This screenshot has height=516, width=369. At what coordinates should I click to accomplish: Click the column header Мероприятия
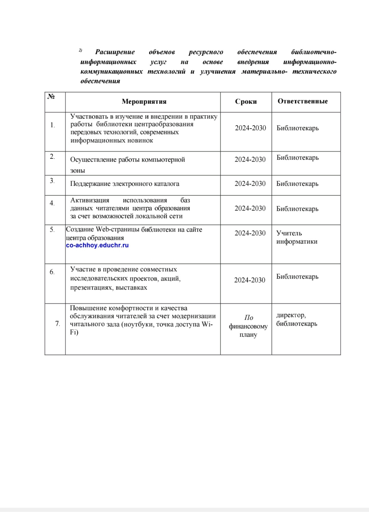pyautogui.click(x=144, y=102)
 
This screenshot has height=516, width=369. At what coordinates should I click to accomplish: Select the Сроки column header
pyautogui.click(x=246, y=102)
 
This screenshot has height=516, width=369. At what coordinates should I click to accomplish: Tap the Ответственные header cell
pyautogui.click(x=302, y=101)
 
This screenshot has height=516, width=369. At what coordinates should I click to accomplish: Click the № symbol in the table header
pyautogui.click(x=51, y=96)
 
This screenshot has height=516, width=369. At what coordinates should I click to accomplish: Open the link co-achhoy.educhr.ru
pyautogui.click(x=97, y=245)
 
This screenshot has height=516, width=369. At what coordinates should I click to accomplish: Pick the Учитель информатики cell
pyautogui.click(x=296, y=237)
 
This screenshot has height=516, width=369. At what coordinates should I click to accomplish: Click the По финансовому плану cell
pyautogui.click(x=248, y=326)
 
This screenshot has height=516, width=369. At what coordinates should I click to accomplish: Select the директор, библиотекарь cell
pyautogui.click(x=296, y=319)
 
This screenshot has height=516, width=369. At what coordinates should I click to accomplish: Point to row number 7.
pyautogui.click(x=57, y=323)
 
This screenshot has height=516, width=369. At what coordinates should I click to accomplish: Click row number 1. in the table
pyautogui.click(x=52, y=125)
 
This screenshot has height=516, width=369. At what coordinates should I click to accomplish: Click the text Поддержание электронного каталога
pyautogui.click(x=124, y=184)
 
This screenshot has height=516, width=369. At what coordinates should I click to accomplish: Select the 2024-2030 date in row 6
pyautogui.click(x=250, y=280)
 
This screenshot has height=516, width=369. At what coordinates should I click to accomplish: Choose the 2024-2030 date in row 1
pyautogui.click(x=250, y=128)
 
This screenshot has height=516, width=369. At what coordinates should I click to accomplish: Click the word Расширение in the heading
pyautogui.click(x=115, y=52)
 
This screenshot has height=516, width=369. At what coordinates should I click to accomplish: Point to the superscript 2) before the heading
pyautogui.click(x=80, y=50)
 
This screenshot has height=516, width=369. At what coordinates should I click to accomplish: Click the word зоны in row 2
pyautogui.click(x=78, y=170)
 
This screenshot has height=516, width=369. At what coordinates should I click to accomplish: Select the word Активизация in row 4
pyautogui.click(x=90, y=200)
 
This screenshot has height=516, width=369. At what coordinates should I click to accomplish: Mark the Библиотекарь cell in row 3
pyautogui.click(x=297, y=184)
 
